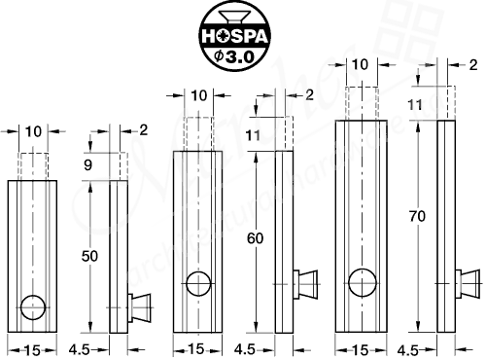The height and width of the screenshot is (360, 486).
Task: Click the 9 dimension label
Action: point(88,165)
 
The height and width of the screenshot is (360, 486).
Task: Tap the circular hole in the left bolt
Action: point(34,307)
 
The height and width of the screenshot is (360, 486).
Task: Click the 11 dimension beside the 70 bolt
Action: point(416,103)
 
